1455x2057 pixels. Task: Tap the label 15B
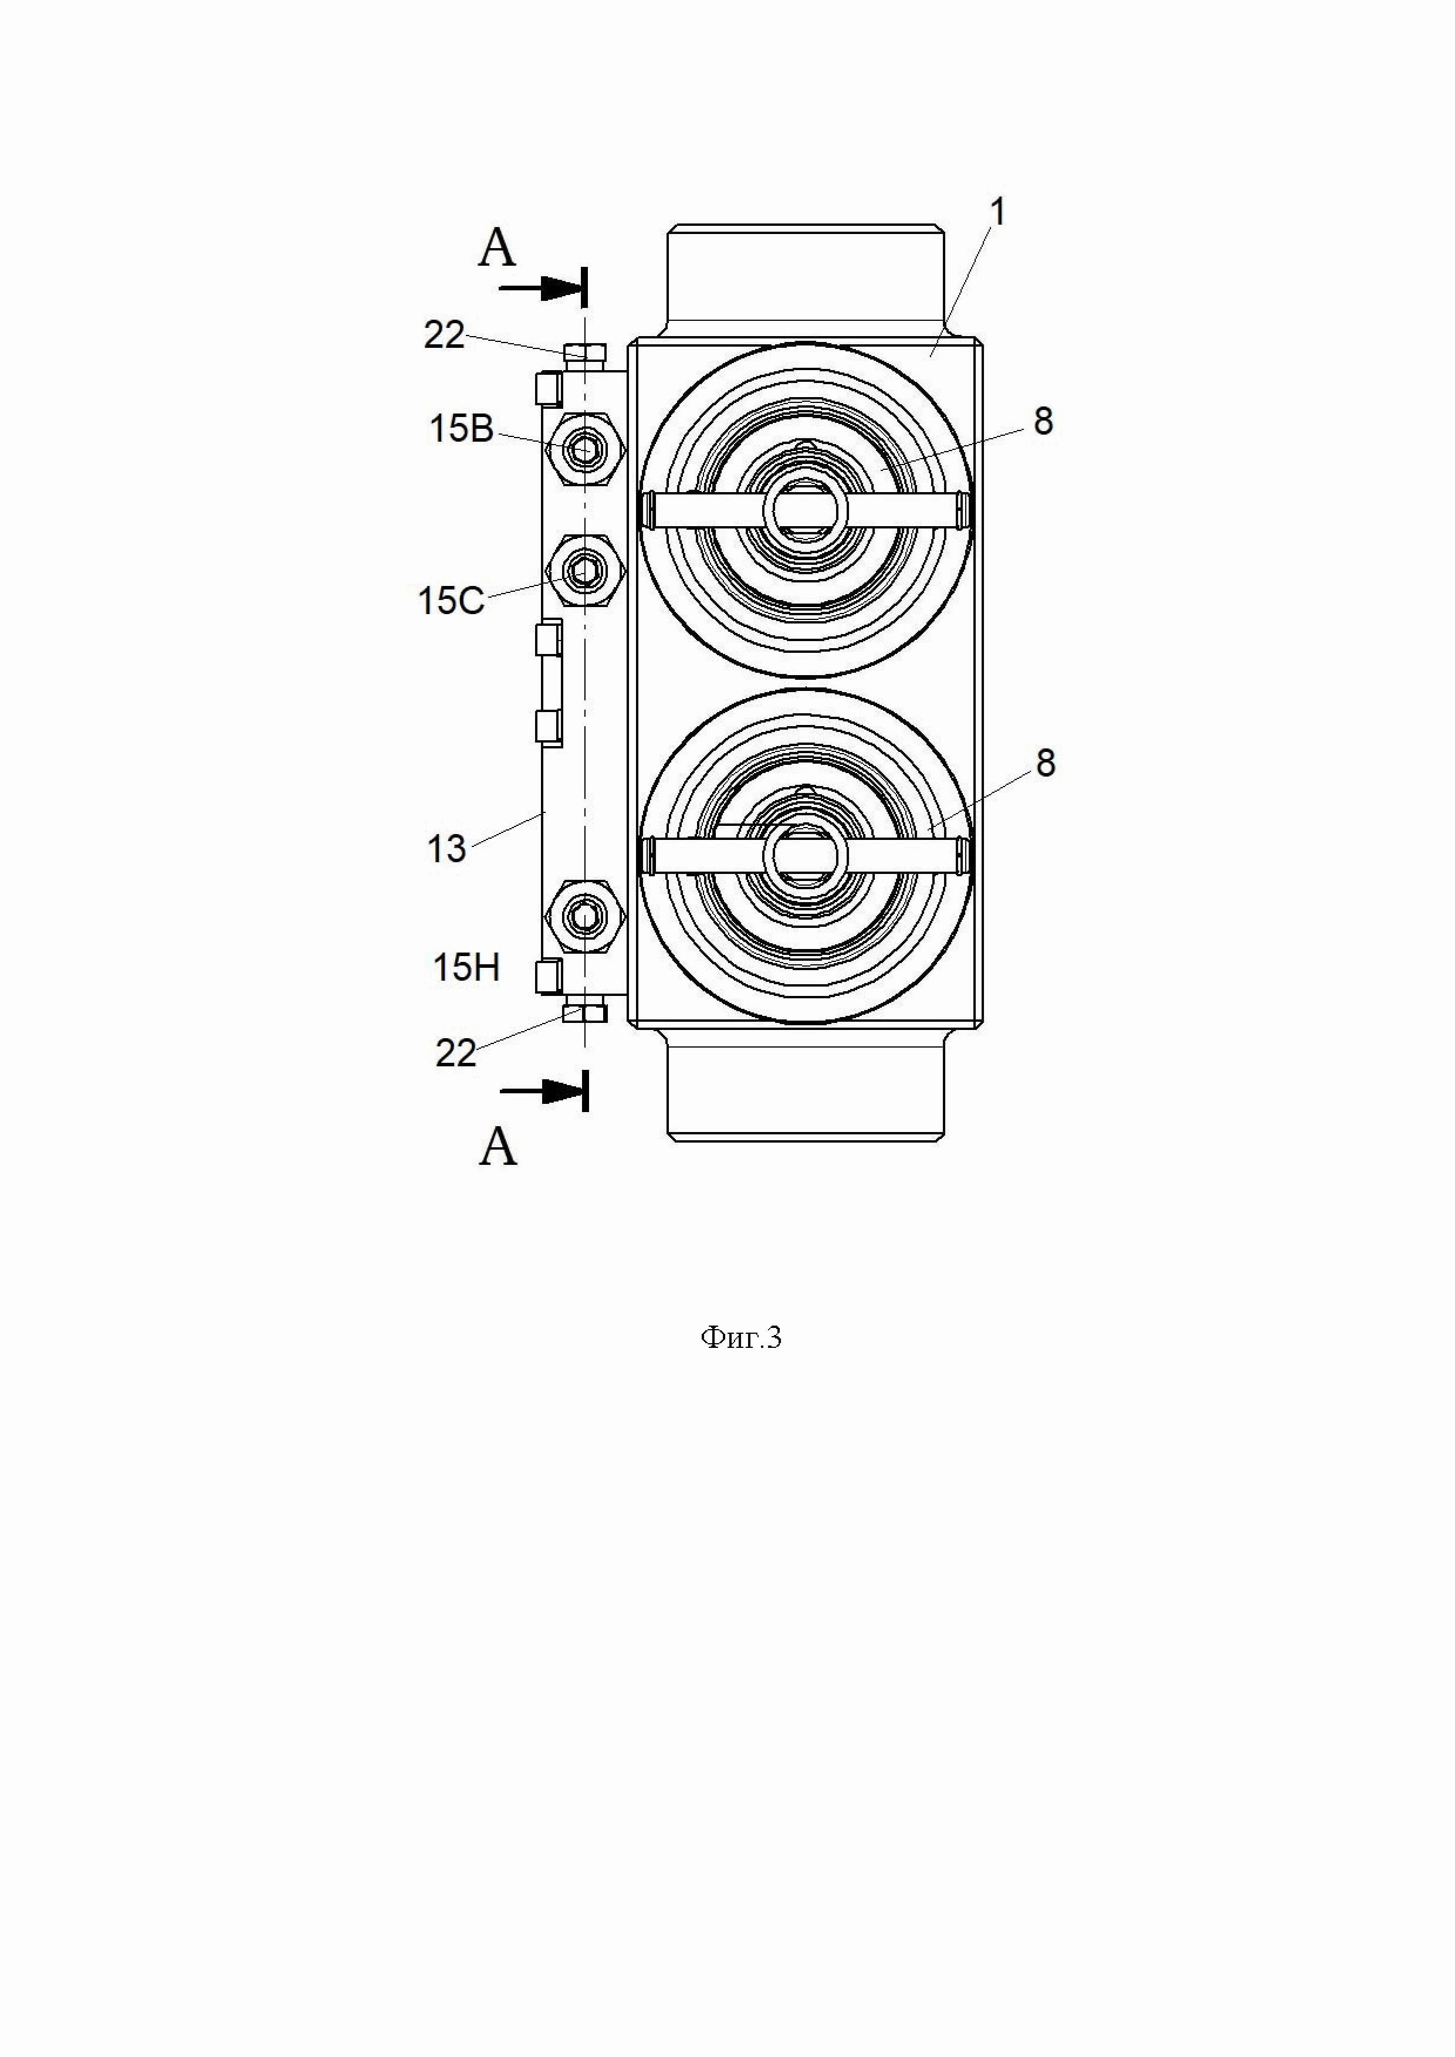[x=461, y=429]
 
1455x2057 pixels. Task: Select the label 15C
[x=452, y=600]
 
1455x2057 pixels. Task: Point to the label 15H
[x=466, y=968]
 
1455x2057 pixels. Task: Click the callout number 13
[x=446, y=848]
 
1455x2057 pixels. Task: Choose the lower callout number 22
[x=456, y=1053]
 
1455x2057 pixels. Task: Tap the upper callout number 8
[x=1043, y=421]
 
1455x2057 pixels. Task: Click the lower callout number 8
[x=1045, y=763]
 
